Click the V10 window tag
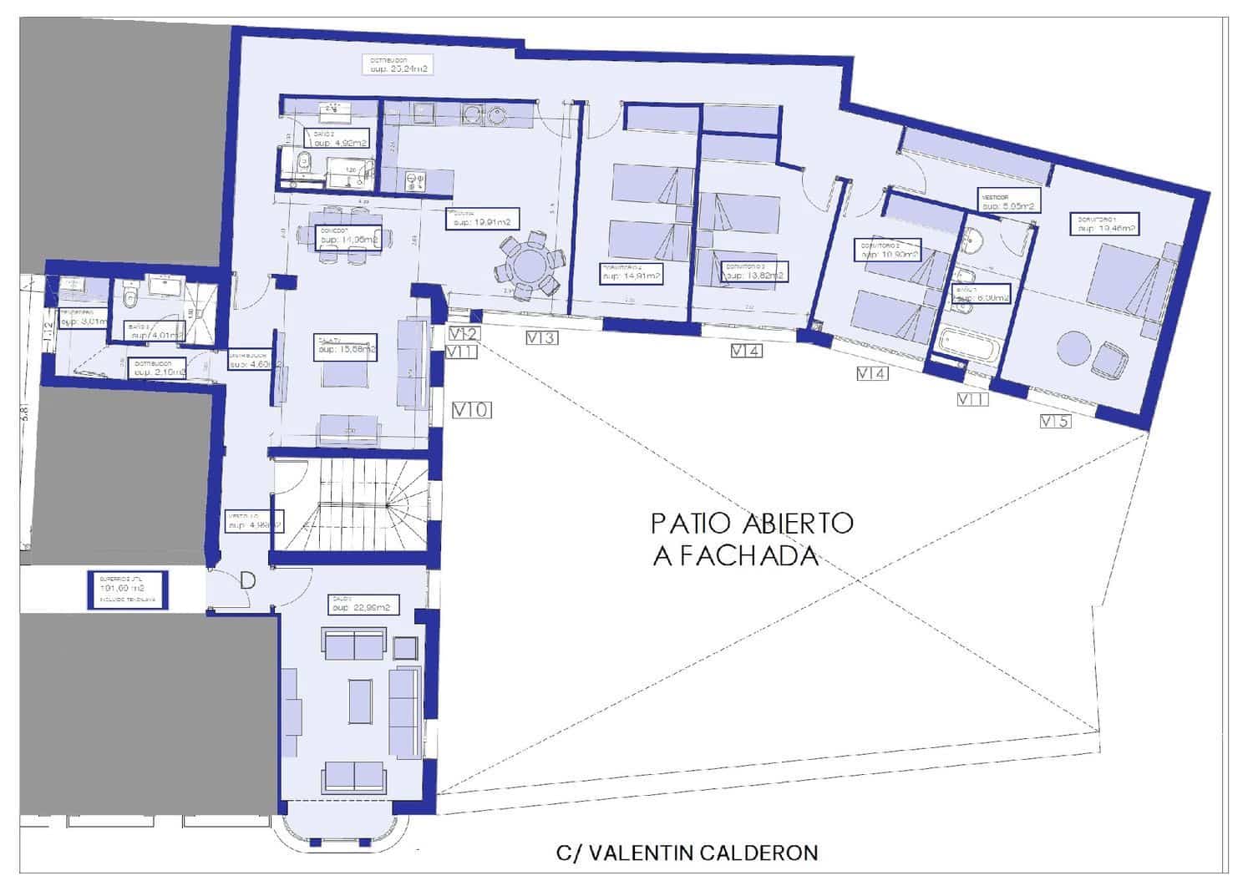coord(472,410)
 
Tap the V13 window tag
coord(541,338)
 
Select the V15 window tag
coord(1055,422)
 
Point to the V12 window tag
coord(464,334)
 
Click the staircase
coord(351,504)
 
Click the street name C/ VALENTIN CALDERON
coord(687,853)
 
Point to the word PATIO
coord(691,524)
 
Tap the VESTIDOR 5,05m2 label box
coord(1008,201)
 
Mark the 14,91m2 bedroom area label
coord(632,272)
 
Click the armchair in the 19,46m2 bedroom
coord(1108,361)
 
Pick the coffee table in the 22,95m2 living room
coord(361,701)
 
